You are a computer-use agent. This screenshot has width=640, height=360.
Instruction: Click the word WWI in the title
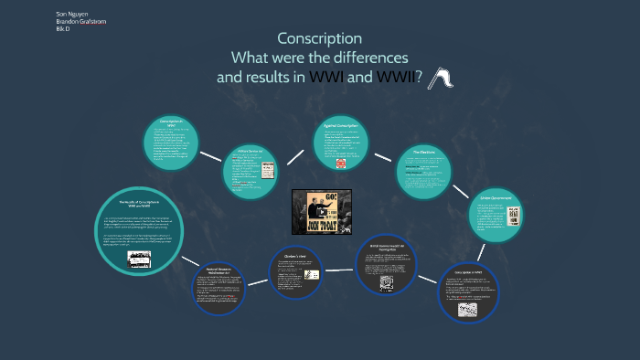326,78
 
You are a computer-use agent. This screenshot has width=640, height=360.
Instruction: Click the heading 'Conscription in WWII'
468,272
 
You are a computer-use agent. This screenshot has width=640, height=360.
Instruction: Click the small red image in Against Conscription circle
340,164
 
